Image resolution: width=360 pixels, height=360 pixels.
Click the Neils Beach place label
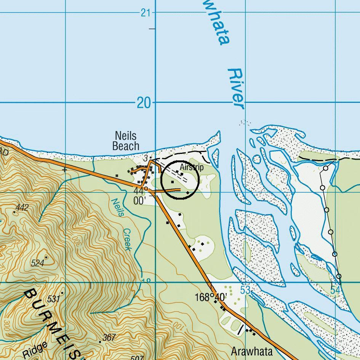(126, 141)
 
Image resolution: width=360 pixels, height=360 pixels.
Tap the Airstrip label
(192, 167)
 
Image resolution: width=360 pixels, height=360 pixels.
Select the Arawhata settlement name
(252, 351)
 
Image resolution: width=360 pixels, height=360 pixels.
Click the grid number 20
(144, 103)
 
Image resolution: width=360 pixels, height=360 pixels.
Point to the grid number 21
(145, 13)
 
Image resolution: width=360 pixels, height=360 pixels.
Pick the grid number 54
(335, 290)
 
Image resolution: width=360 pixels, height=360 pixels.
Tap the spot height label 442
(22, 208)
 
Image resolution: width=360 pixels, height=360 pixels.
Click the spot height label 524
(38, 263)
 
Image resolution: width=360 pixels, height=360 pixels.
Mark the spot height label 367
(109, 338)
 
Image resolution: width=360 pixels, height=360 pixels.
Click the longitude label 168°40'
(211, 297)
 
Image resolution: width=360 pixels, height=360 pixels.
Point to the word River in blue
(236, 88)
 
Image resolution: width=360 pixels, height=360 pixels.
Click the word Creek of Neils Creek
(127, 240)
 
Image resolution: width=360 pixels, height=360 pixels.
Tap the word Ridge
(35, 350)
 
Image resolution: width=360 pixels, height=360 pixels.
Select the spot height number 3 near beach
(146, 158)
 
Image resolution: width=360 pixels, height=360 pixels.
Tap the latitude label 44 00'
(139, 195)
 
